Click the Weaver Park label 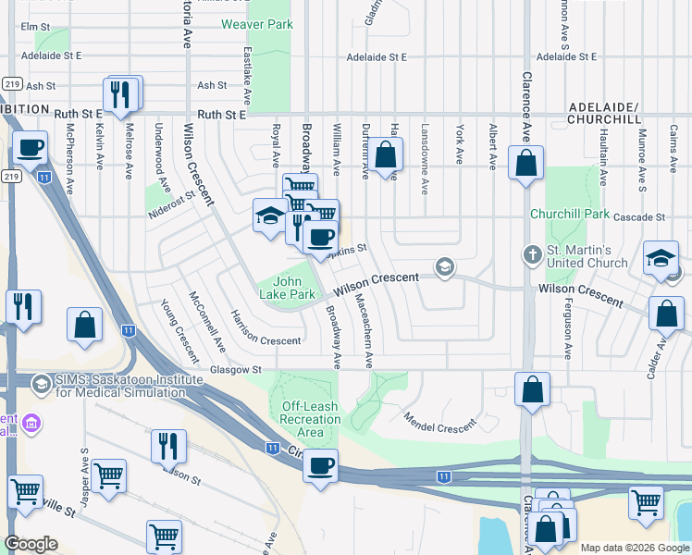tap(255, 23)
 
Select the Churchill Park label tap(569, 214)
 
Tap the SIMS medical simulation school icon tap(41, 383)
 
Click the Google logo tap(31, 544)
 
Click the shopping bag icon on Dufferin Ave tap(388, 154)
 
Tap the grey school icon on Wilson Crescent tap(445, 267)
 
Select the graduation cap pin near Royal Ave tap(269, 217)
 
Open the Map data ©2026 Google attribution tap(634, 548)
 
